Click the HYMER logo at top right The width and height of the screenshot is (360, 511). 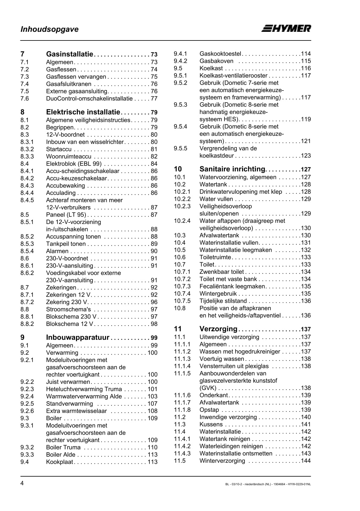pos(286,28)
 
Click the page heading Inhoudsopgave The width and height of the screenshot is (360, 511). pos(49,29)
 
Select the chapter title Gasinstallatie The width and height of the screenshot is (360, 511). pos(69,54)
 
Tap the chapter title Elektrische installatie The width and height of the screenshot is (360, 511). pos(83,112)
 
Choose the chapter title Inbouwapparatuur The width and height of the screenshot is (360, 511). pos(77,337)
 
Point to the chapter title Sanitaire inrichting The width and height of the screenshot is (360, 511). pos(232,169)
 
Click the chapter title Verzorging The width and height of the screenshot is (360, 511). pos(218,329)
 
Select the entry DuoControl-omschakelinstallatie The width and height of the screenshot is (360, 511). pos(89,99)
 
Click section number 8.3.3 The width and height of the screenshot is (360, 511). pos(27,156)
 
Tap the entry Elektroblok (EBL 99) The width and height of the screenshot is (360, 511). pos(74,164)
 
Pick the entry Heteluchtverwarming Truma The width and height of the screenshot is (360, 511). pos(84,389)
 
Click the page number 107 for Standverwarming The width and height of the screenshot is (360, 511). pos(153,404)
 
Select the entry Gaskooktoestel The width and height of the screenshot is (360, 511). pos(220,54)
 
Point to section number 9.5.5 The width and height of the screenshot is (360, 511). pos(181,148)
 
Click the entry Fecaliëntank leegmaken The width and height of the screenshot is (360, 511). pos(232,286)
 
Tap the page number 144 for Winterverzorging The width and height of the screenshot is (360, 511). pos(306,461)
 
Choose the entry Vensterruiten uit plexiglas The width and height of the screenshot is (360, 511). pos(234,366)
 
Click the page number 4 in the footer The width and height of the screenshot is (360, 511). pos(22,484)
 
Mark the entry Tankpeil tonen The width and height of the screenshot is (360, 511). pos(66,244)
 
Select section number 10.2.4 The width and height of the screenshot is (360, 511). pos(182,221)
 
